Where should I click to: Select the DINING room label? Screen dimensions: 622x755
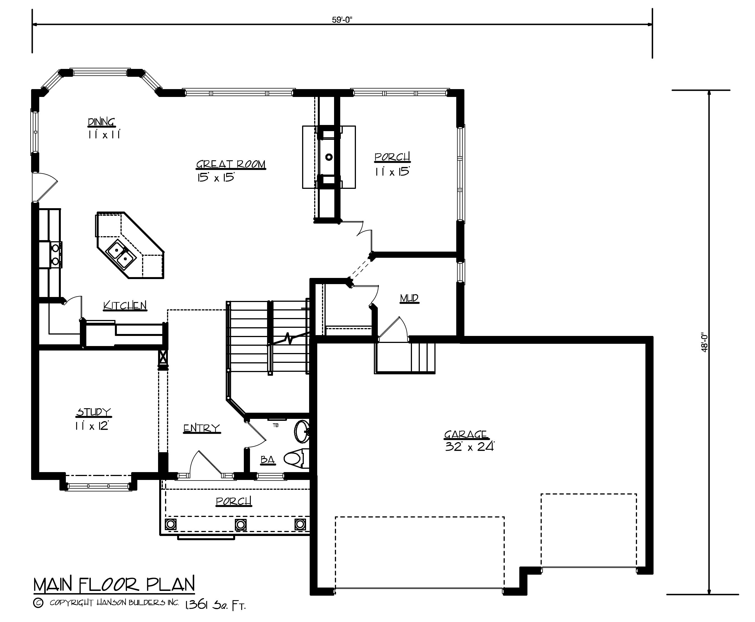pos(101,122)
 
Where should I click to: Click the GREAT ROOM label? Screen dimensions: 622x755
pos(231,164)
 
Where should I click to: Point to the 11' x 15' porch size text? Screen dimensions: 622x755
pos(392,172)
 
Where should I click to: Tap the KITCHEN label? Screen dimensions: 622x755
pos(125,306)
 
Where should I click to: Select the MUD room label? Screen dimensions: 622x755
pos(409,298)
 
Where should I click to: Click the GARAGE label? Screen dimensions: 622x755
pos(465,435)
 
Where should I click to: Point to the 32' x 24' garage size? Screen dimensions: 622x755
pos(469,447)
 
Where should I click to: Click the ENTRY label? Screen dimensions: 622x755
pos(202,428)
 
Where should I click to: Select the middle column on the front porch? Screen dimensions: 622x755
pos(240,524)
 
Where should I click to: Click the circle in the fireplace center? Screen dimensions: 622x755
pos(328,157)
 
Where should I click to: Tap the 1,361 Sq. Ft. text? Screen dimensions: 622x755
pos(215,605)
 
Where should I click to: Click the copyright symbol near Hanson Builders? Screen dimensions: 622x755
pos(38,603)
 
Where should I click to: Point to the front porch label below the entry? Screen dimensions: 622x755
pos(234,501)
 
